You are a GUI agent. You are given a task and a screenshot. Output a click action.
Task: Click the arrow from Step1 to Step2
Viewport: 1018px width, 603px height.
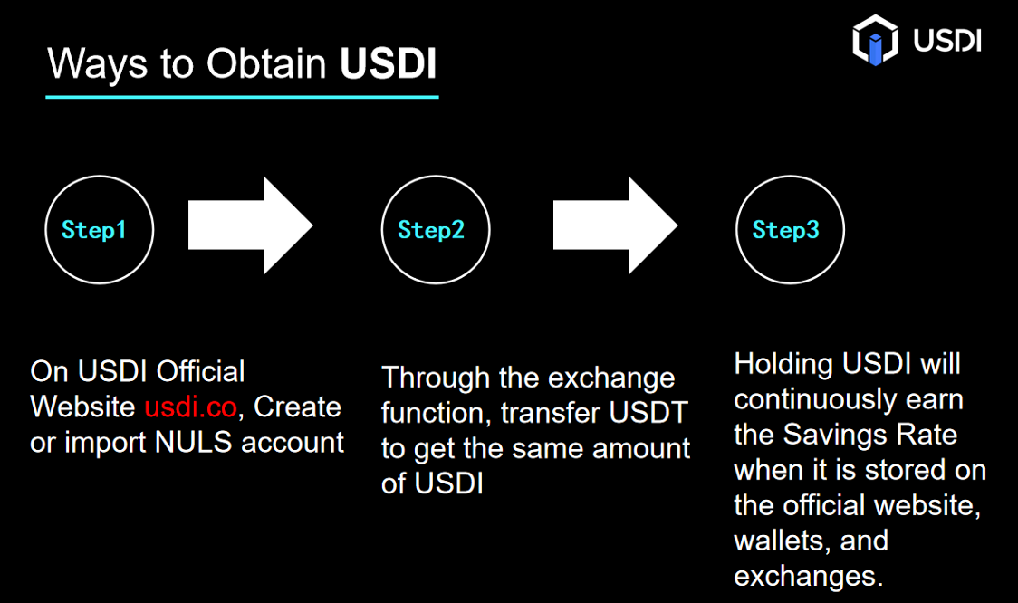251,225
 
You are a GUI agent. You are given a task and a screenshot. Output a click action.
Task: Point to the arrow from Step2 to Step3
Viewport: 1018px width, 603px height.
616,225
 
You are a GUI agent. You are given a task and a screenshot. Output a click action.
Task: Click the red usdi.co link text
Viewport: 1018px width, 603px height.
190,407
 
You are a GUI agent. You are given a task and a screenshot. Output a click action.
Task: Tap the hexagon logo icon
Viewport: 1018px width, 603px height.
875,40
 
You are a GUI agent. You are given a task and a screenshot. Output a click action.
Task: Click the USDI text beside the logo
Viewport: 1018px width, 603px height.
947,40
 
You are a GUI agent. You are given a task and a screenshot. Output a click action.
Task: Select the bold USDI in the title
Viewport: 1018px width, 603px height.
389,63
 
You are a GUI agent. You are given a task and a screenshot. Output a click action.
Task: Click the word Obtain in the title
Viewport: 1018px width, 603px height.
266,63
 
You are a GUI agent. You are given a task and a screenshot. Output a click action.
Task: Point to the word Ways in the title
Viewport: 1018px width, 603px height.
98,64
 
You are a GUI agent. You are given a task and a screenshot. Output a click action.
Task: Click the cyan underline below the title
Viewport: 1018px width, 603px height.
242,97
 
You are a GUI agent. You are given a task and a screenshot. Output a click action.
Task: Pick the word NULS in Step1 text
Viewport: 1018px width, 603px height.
194,443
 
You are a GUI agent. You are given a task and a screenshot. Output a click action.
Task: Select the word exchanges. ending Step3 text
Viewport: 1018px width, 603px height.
808,577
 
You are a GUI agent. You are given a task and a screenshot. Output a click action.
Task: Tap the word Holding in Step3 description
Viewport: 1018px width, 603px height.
783,364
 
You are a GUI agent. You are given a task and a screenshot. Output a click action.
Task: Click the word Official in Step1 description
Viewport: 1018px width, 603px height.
201,371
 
